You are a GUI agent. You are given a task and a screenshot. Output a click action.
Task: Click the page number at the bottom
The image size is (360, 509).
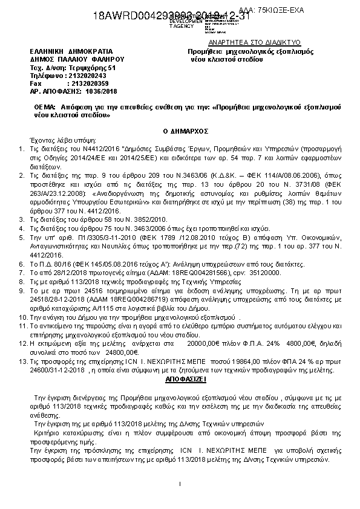coord(180,484)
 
